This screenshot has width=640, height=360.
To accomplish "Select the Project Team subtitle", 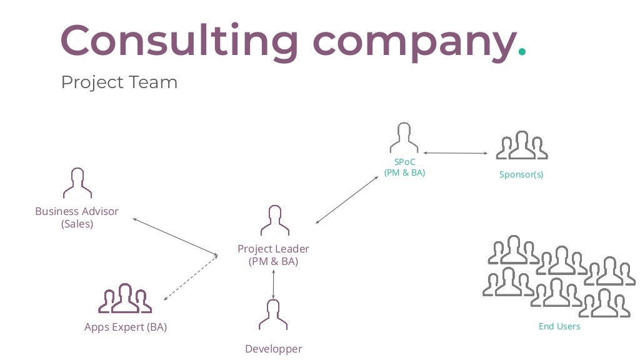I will coord(119,82).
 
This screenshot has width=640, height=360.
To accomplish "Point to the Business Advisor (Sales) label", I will coord(77,217).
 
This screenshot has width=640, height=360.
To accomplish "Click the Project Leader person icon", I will coord(274,221).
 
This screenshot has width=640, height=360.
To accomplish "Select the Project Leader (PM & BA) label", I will coord(273,255).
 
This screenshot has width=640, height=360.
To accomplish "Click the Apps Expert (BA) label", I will coord(126,327).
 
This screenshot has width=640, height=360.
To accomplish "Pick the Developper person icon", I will coord(273,315).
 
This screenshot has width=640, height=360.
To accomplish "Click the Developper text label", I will coord(273,349).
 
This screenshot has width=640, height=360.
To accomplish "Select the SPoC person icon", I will coord(404,139).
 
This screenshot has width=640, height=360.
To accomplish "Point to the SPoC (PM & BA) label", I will coord(404,167).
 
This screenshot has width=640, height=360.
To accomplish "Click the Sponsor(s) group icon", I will coord(521,146).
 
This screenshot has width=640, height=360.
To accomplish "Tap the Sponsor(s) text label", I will coord(521,174).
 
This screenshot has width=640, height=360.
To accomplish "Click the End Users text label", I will coord(559,326).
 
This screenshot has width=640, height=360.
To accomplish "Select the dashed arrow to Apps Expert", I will coord(189,277).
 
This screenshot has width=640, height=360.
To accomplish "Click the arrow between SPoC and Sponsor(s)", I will coord(455,152).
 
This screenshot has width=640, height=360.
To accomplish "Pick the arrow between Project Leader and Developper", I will coord(273,284).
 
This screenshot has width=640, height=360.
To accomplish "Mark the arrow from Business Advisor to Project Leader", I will coord(175,236).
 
